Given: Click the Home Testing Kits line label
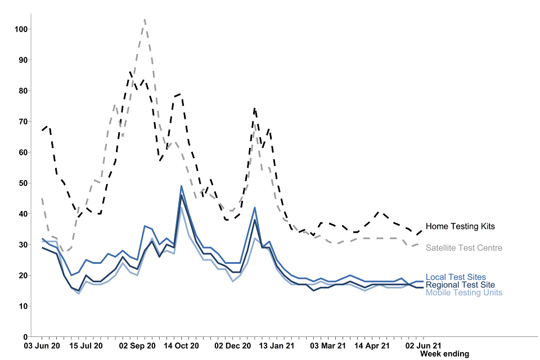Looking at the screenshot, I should pyautogui.click(x=460, y=226).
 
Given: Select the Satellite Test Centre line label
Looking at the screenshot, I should pyautogui.click(x=463, y=247).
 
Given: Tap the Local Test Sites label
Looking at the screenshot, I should pyautogui.click(x=456, y=277).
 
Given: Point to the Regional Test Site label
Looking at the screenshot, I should pyautogui.click(x=460, y=285).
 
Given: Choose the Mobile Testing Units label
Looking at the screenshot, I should pyautogui.click(x=463, y=292).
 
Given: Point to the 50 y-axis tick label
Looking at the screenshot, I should pyautogui.click(x=21, y=183).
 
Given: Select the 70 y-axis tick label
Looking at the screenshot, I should pyautogui.click(x=21, y=121).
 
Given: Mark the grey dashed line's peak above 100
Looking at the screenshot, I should pyautogui.click(x=145, y=20).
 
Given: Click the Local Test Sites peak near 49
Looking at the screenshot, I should pyautogui.click(x=181, y=186).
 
